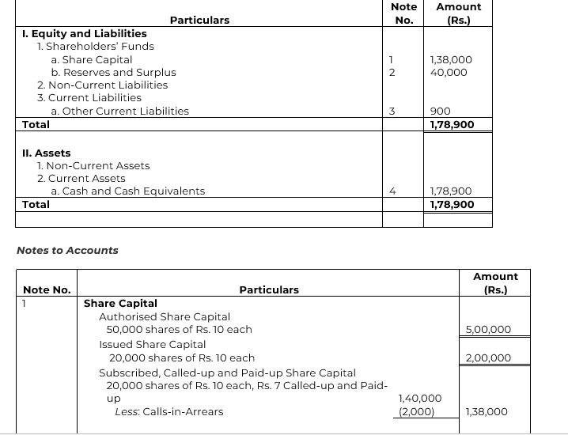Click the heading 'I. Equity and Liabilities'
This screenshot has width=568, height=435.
[x=85, y=33]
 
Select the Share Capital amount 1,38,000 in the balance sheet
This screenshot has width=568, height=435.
[x=450, y=59]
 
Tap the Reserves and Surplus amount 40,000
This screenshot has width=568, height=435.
[x=448, y=72]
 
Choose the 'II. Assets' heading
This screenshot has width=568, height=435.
[x=47, y=153]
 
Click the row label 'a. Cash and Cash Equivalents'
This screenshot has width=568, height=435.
[x=127, y=191]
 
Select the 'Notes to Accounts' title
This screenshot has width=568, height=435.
[x=67, y=250]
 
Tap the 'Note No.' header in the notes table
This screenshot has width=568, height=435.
[x=47, y=289]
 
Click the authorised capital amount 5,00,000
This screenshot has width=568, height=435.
[x=488, y=329]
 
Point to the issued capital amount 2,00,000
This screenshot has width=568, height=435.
[x=488, y=357]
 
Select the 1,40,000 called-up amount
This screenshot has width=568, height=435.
[x=420, y=399]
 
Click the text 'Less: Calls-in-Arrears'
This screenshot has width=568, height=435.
[x=169, y=411]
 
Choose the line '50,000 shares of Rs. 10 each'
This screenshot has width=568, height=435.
[x=179, y=329]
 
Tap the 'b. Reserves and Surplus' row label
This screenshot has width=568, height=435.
[x=113, y=72]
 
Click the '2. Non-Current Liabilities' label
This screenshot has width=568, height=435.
[x=102, y=85]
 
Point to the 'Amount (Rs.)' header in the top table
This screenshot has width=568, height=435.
[x=458, y=13]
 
